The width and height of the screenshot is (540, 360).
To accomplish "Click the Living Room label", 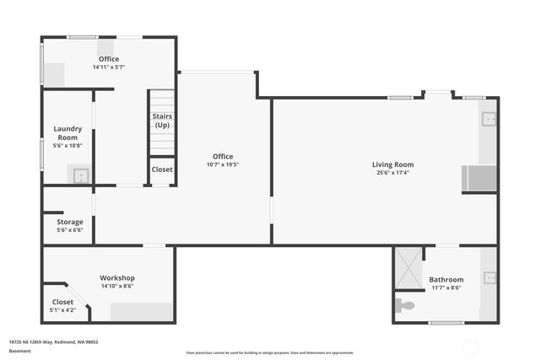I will point(392,164).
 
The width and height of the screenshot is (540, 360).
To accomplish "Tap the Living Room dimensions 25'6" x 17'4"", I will point(392,173).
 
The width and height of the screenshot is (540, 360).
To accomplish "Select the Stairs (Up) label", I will point(162,121).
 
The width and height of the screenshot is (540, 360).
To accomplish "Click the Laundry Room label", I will point(67,133).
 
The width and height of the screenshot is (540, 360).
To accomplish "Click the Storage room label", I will point(70,222).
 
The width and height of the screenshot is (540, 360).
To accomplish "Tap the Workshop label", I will point(117,277).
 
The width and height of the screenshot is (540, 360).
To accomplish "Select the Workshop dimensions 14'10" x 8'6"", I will point(117,286).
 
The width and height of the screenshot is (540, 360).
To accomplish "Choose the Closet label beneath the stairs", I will point(162,169).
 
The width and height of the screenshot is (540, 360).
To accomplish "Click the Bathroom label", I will point(446,279).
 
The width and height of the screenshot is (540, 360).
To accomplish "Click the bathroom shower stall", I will point(408,268).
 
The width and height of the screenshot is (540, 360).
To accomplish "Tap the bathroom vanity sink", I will point(489,277).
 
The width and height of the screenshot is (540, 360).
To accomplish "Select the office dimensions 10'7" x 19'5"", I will point(223,164).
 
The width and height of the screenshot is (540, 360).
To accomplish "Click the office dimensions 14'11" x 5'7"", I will point(109,67).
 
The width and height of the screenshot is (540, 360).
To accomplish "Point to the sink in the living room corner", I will point(489,119).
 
